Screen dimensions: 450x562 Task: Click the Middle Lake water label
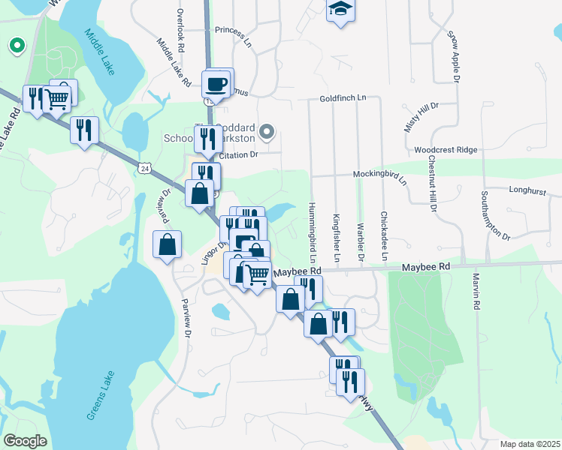click(x=99, y=52)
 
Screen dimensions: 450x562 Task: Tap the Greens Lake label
click(x=100, y=395)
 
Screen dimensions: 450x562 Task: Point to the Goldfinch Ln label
click(x=342, y=98)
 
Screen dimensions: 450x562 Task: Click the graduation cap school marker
click(x=340, y=10)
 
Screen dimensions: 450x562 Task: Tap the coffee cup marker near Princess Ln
click(x=217, y=82)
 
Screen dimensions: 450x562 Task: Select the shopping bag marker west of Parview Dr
click(x=167, y=244)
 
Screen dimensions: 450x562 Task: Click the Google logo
click(x=24, y=441)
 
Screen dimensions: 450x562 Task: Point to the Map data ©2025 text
click(x=530, y=444)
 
